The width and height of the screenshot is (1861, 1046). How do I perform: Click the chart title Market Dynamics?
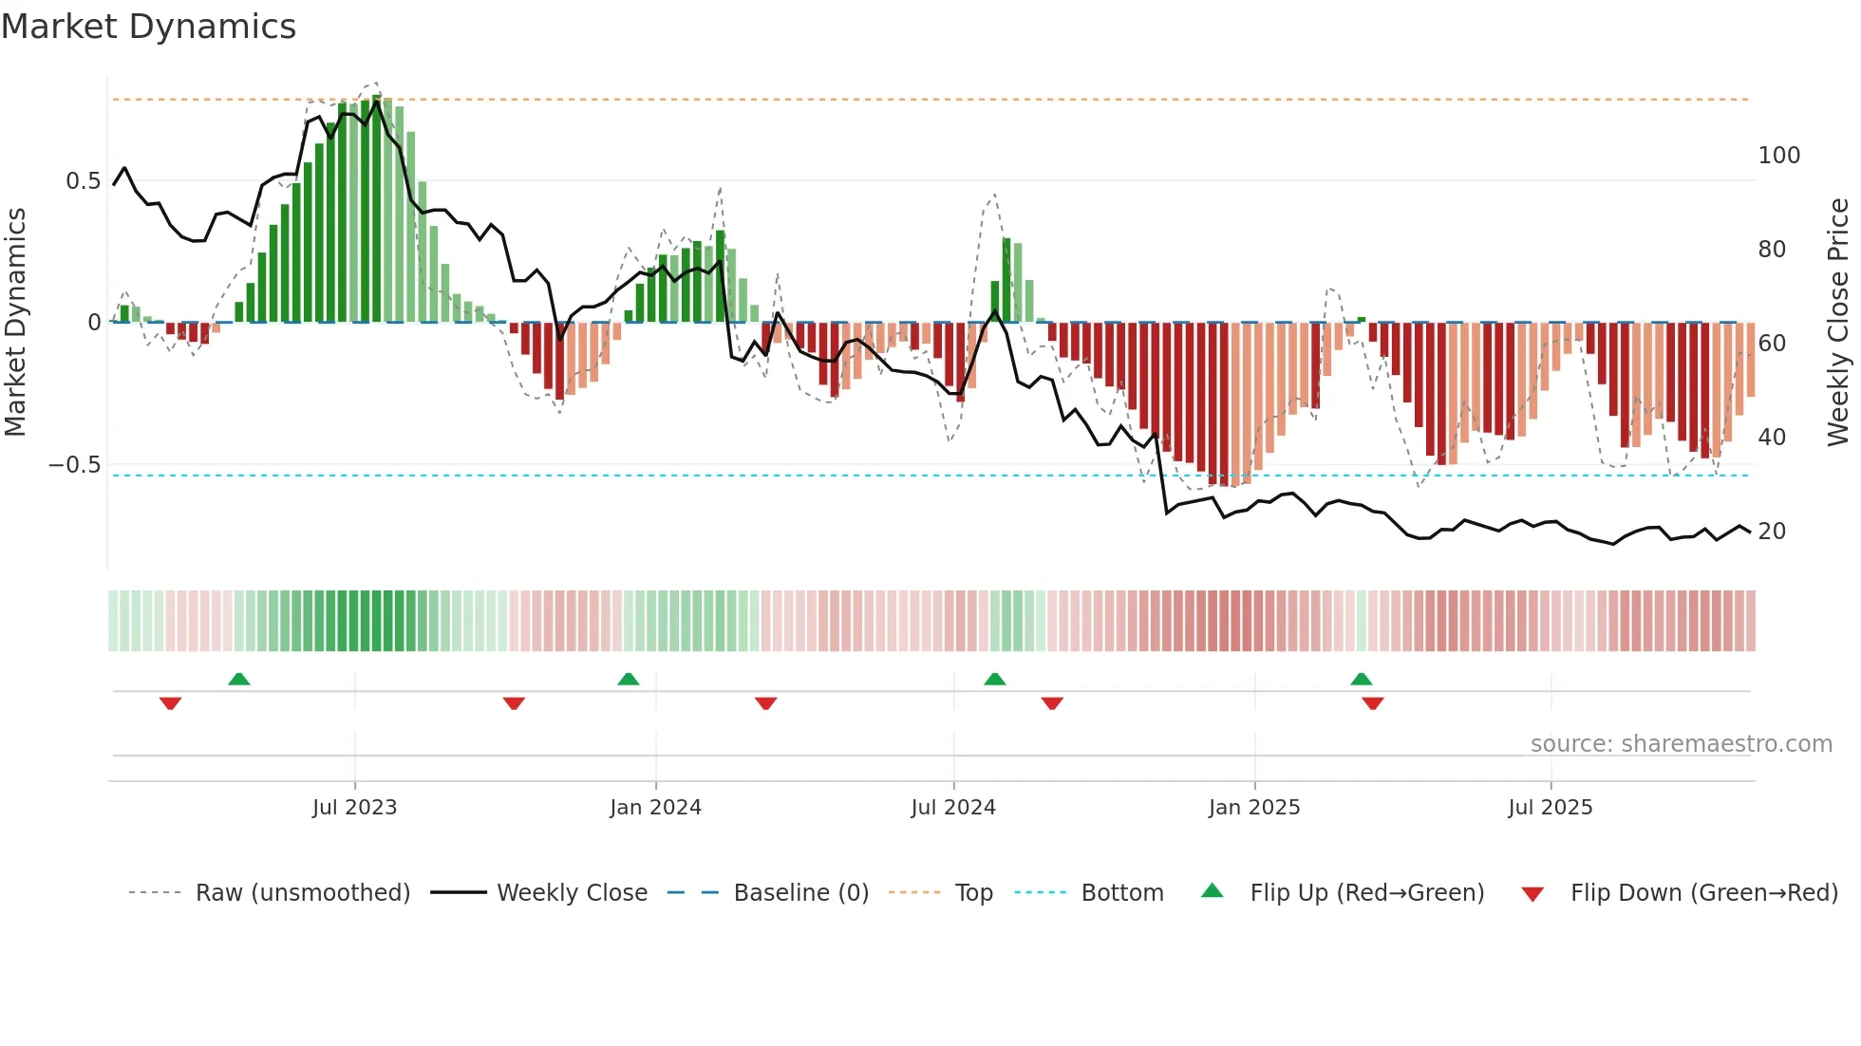pos(148,27)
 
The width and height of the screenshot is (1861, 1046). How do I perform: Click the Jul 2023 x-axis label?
pos(354,808)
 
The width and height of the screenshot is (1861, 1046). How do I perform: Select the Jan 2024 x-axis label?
pos(655,808)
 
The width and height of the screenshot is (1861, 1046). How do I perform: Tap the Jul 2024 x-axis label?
pos(953,808)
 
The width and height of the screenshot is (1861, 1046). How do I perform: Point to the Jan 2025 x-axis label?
pos(1254,808)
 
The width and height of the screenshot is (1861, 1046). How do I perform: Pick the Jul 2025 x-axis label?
pos(1551,808)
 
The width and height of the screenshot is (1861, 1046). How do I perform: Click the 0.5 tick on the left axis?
pos(84,181)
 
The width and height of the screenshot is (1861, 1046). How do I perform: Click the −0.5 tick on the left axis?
pos(75,465)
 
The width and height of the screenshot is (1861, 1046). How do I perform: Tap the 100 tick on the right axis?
pos(1778,156)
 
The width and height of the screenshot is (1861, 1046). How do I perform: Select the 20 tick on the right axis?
pos(1772,532)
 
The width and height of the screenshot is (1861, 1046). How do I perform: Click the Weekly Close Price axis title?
pos(1838,323)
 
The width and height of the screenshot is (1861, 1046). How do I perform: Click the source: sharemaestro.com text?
pos(1681,744)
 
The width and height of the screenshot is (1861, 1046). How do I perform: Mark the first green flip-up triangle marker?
pos(239,680)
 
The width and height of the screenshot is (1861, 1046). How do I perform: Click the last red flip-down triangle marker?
pos(1373,703)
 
